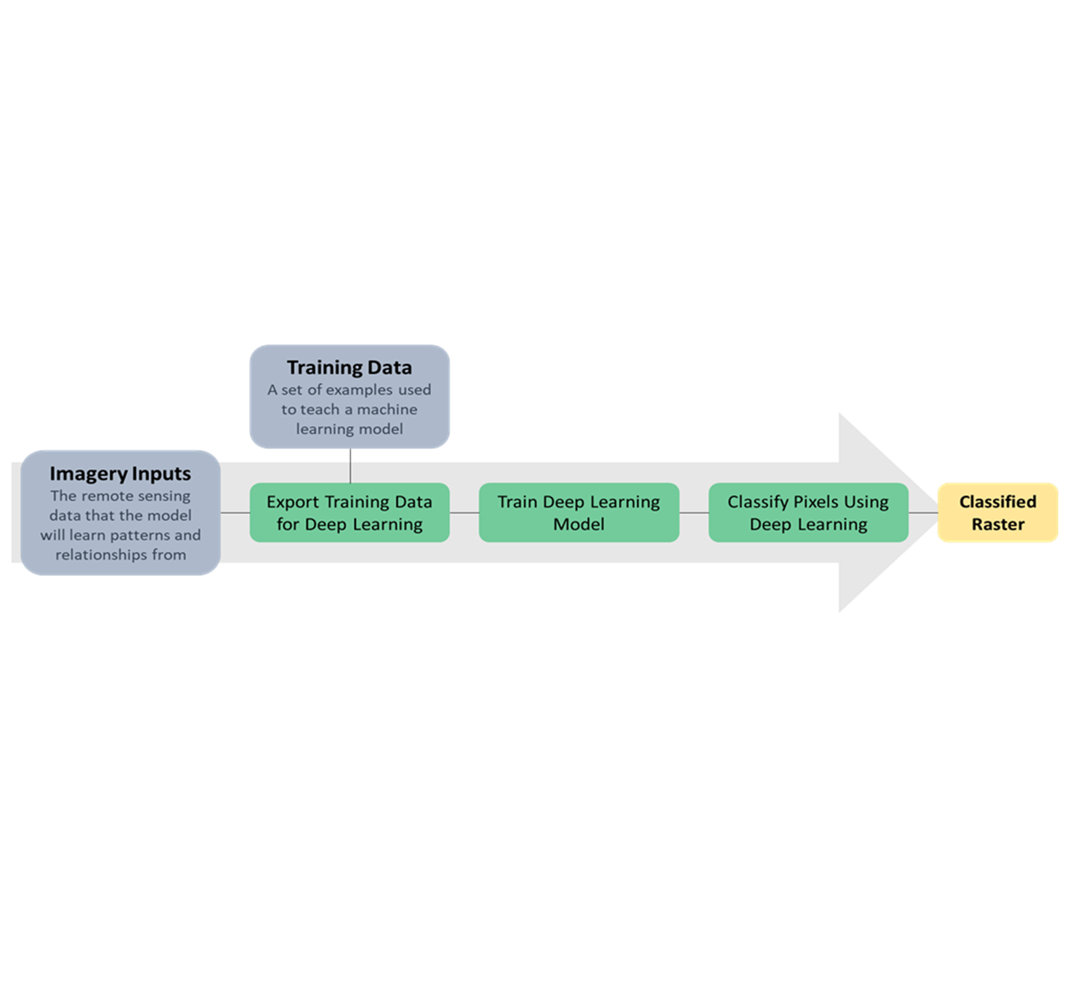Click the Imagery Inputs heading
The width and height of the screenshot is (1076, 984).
click(x=120, y=474)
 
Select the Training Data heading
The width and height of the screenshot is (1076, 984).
click(x=349, y=368)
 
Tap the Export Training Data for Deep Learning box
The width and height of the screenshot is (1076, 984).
click(x=349, y=512)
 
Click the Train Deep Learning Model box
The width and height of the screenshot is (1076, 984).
click(x=579, y=512)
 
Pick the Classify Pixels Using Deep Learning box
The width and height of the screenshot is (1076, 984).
click(x=808, y=512)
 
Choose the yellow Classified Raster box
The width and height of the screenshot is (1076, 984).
click(x=998, y=512)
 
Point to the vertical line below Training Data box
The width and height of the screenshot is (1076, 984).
click(x=350, y=466)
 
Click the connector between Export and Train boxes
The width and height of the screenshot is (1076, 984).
click(x=464, y=513)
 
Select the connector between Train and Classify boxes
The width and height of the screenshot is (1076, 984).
click(x=694, y=513)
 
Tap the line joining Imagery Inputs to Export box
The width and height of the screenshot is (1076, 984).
click(x=235, y=513)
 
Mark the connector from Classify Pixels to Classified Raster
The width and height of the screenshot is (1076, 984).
click(x=923, y=513)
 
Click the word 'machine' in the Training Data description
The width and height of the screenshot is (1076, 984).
click(x=387, y=409)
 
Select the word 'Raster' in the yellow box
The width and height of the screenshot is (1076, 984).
click(x=998, y=525)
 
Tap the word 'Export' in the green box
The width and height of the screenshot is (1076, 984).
click(x=293, y=502)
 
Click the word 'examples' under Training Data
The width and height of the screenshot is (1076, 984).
click(x=360, y=390)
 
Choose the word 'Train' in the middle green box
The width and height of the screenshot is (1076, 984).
click(x=518, y=502)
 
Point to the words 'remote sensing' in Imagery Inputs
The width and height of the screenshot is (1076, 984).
click(x=136, y=496)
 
